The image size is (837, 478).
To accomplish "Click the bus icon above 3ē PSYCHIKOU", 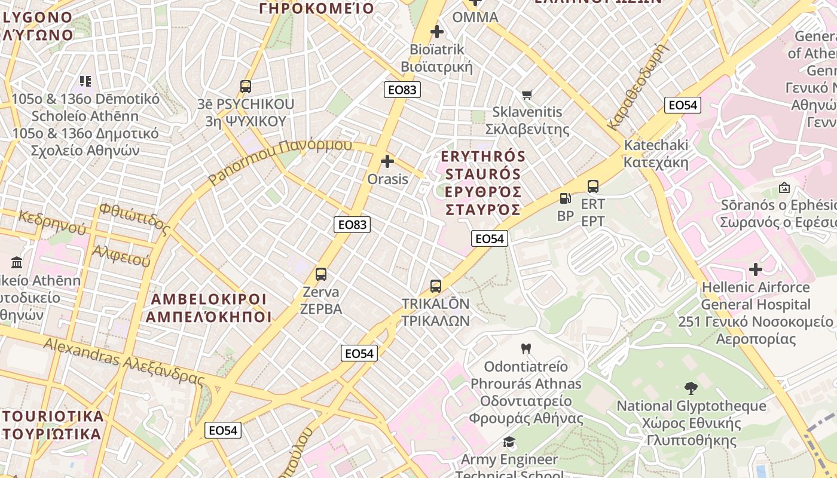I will click(246, 87).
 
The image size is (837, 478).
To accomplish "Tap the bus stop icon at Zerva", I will click(321, 274).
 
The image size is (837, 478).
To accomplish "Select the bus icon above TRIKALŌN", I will click(436, 286).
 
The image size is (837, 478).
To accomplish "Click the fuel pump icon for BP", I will click(565, 198).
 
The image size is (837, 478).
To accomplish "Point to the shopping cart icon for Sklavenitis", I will click(527, 94).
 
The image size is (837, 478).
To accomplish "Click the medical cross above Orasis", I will click(387, 161).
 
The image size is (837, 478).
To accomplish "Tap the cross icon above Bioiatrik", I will click(437, 31).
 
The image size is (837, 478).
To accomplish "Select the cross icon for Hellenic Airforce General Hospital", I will click(756, 269).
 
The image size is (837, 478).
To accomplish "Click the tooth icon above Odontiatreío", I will click(526, 348).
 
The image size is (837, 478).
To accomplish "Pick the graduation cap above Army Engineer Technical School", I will click(509, 442).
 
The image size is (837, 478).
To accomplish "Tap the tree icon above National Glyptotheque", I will click(691, 388).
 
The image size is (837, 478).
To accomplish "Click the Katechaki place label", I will click(656, 154).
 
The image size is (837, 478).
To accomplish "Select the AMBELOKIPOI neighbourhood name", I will click(209, 308).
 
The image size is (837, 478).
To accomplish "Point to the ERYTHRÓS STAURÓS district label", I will click(482, 183).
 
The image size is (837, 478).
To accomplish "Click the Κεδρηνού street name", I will click(53, 222).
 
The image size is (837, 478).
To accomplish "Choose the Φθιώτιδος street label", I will click(135, 217).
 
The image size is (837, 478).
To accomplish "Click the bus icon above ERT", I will click(593, 186).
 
